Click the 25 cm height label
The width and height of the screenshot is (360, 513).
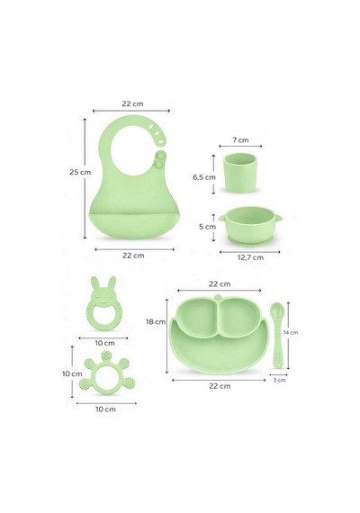click(80, 172)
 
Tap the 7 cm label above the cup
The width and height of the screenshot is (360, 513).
click(240, 140)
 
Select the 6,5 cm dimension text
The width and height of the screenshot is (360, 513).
click(204, 177)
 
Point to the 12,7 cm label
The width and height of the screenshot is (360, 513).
click(250, 257)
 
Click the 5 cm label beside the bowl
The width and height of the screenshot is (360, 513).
click(208, 227)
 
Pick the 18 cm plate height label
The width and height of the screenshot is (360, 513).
click(156, 322)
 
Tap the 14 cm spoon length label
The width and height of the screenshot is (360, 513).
click(291, 332)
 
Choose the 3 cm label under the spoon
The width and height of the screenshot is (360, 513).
click(279, 380)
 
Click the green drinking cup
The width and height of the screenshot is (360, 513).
click(239, 173)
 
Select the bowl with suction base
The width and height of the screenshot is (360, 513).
click(251, 225)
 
